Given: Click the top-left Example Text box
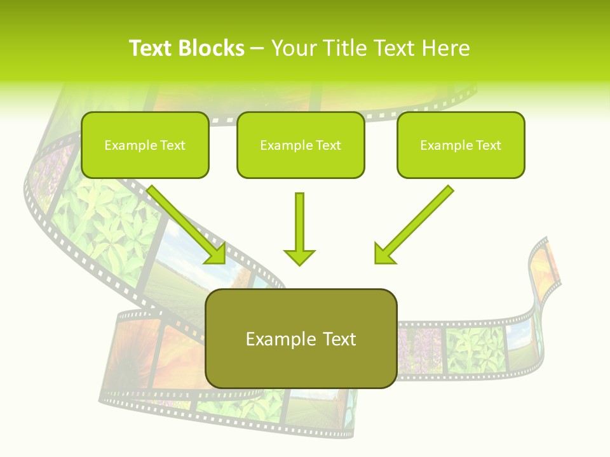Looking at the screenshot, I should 145,145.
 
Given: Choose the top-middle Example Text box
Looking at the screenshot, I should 301,145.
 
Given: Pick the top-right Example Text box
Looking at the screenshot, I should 461,145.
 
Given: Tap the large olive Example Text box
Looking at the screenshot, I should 301,338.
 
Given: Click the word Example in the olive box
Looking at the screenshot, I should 272,339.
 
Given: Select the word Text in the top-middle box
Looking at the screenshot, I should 328,145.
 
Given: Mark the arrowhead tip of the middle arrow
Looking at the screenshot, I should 299,264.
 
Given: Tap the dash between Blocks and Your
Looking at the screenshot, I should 257,48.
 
